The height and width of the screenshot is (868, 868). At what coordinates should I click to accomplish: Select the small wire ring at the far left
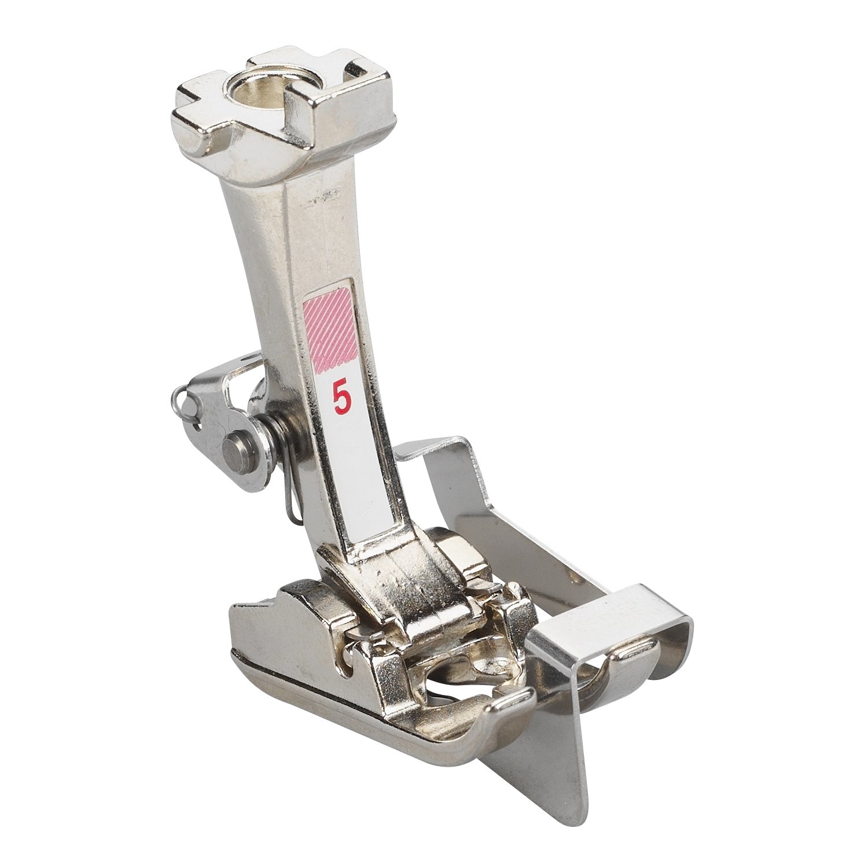click(x=182, y=399)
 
